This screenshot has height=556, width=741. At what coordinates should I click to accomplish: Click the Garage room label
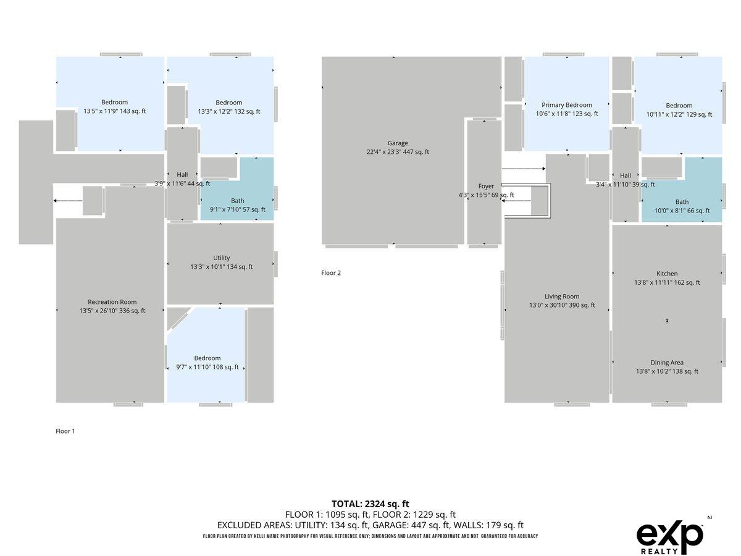click(x=397, y=143)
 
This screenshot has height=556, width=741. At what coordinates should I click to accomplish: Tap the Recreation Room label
click(x=112, y=302)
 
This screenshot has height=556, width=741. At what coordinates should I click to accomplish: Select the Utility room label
click(x=221, y=258)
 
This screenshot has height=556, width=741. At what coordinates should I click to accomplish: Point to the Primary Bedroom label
click(x=566, y=105)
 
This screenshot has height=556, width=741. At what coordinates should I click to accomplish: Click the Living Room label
click(x=562, y=297)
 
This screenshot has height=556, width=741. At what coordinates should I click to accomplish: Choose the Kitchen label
click(x=667, y=274)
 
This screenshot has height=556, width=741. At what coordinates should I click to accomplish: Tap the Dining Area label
click(x=667, y=363)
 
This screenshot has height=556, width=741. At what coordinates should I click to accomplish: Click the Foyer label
click(x=486, y=186)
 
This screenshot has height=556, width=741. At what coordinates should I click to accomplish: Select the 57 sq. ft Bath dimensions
click(x=237, y=209)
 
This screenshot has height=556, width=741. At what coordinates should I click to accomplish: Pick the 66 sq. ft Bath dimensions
click(x=682, y=211)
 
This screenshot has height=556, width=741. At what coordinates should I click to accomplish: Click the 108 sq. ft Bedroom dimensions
click(x=207, y=367)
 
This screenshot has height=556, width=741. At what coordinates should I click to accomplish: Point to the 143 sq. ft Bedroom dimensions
click(x=114, y=111)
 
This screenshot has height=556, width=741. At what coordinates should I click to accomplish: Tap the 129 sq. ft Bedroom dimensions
click(x=679, y=114)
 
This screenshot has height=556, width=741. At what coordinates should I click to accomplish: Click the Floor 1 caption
click(x=65, y=431)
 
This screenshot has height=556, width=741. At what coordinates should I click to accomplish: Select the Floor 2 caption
click(x=331, y=273)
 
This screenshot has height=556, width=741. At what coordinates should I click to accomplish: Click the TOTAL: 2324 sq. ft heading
click(x=370, y=503)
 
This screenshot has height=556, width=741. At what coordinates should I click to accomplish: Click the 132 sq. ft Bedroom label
click(x=229, y=103)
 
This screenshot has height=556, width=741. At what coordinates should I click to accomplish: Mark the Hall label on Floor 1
click(x=182, y=175)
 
